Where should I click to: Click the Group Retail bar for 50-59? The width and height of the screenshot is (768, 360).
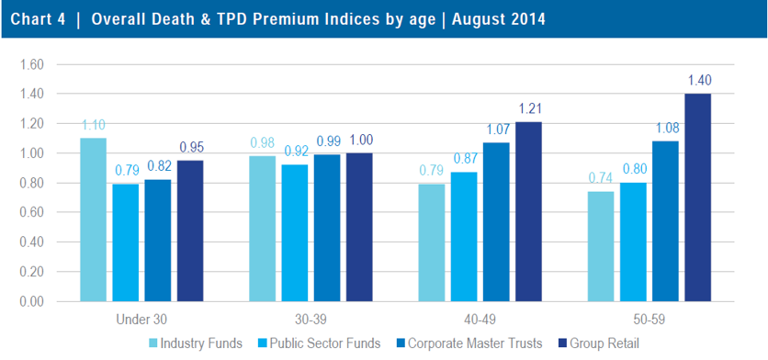pos(698,197)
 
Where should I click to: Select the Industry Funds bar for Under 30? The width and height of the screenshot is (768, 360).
pos(93,219)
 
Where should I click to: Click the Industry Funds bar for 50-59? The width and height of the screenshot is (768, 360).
pos(601,246)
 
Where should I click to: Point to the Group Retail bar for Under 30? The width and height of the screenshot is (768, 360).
pos(190,231)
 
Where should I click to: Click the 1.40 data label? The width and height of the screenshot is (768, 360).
pos(699,81)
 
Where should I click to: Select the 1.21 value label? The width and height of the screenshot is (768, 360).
pos(530,109)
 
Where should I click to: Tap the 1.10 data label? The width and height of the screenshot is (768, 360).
pos(93,125)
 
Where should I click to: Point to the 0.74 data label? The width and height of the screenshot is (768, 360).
pos(601,178)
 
